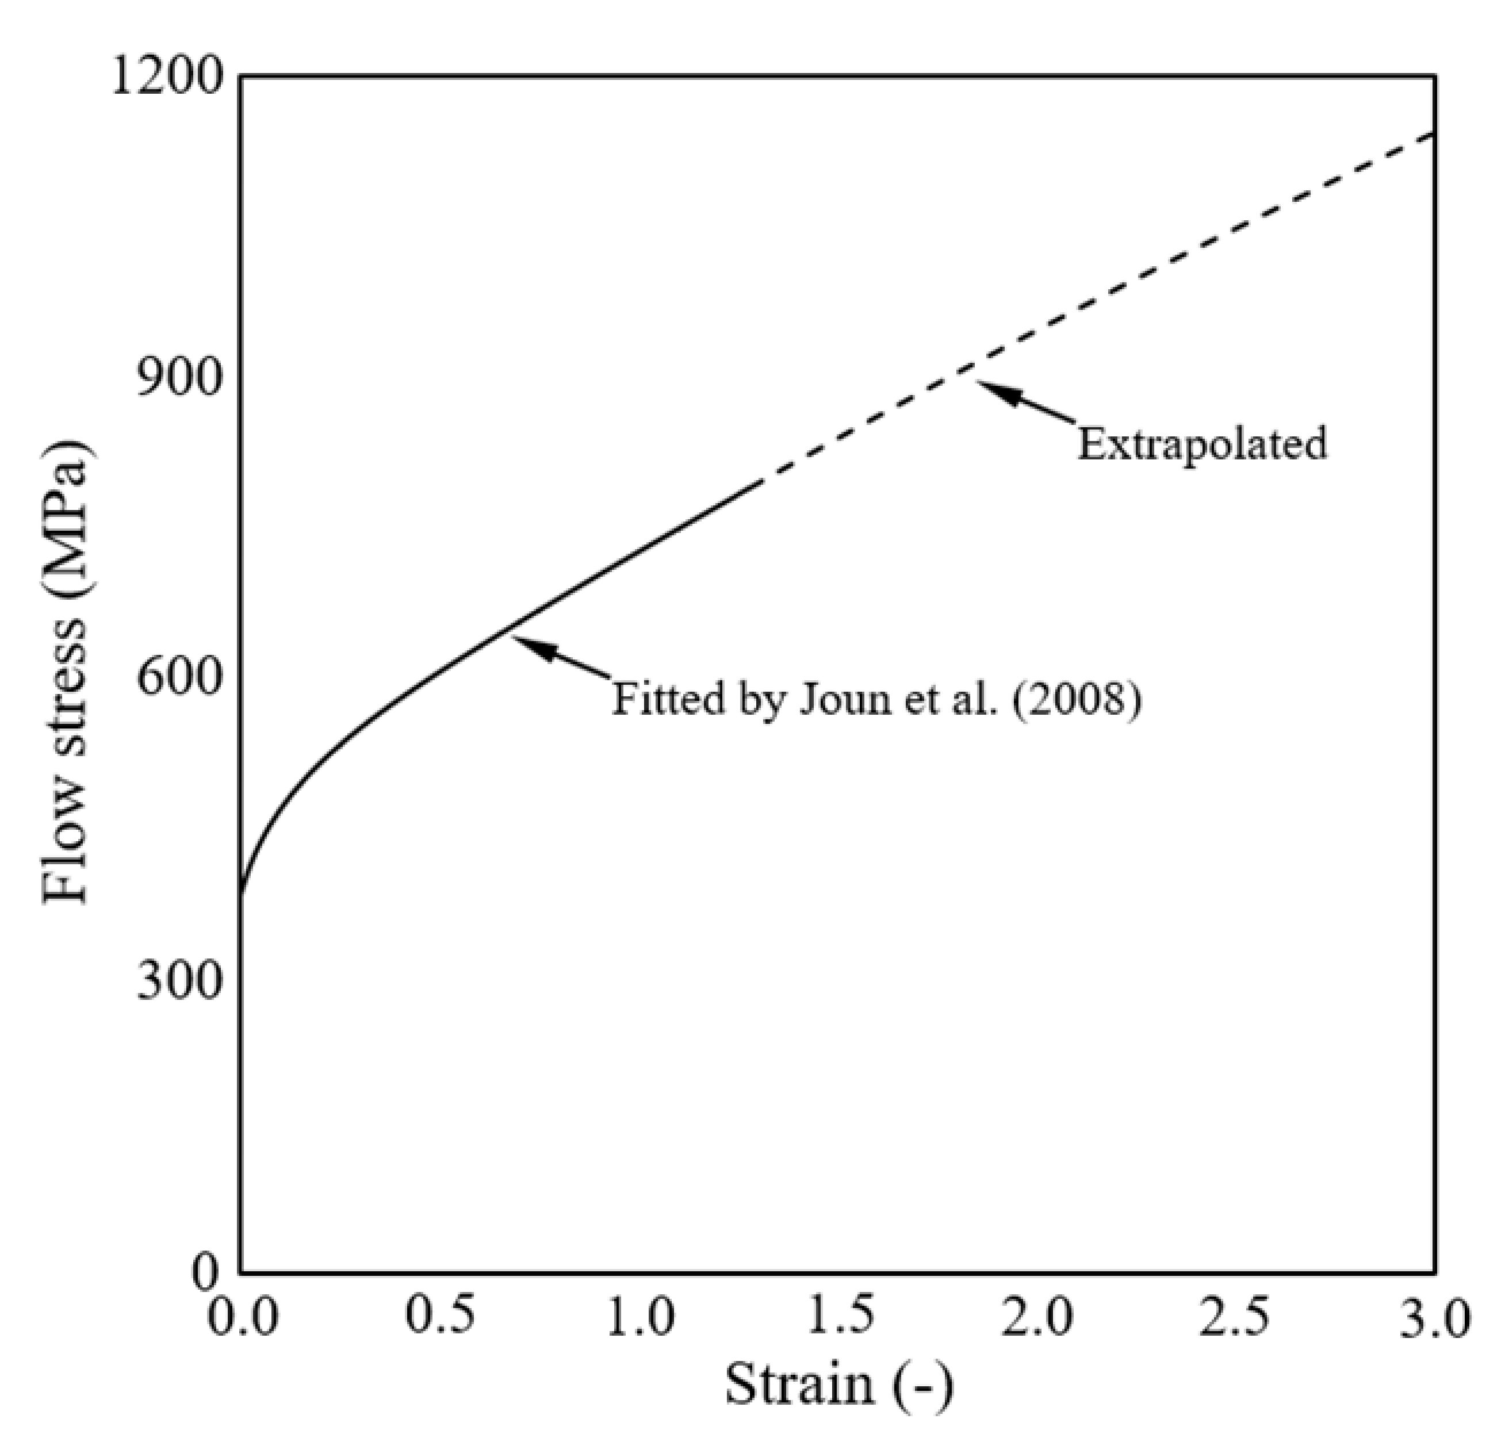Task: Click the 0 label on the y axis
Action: point(204,1272)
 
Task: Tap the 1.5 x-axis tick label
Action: point(838,1316)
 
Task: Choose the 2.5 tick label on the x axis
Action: point(1234,1316)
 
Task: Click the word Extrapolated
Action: point(1201,444)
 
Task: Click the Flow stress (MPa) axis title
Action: point(67,673)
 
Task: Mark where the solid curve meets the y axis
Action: point(242,891)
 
